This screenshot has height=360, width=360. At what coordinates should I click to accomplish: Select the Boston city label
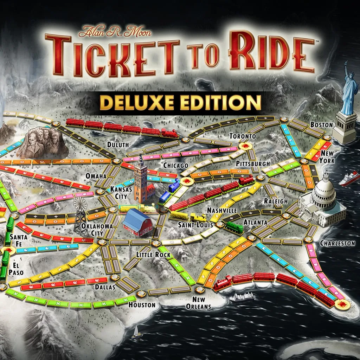(321, 124)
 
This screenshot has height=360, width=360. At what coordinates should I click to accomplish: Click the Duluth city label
(118, 144)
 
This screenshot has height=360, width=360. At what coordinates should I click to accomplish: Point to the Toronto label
(242, 136)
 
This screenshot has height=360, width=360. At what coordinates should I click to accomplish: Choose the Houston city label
(142, 305)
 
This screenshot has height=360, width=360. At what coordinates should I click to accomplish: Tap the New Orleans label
(201, 303)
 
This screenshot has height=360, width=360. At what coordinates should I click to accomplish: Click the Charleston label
(337, 243)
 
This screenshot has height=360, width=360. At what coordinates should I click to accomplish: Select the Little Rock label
(153, 255)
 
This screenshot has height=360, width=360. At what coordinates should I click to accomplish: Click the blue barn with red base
(137, 222)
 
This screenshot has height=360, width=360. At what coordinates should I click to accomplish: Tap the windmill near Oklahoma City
(80, 214)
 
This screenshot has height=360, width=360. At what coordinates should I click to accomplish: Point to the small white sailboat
(136, 332)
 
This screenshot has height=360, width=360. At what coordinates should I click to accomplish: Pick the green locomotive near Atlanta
(234, 227)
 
